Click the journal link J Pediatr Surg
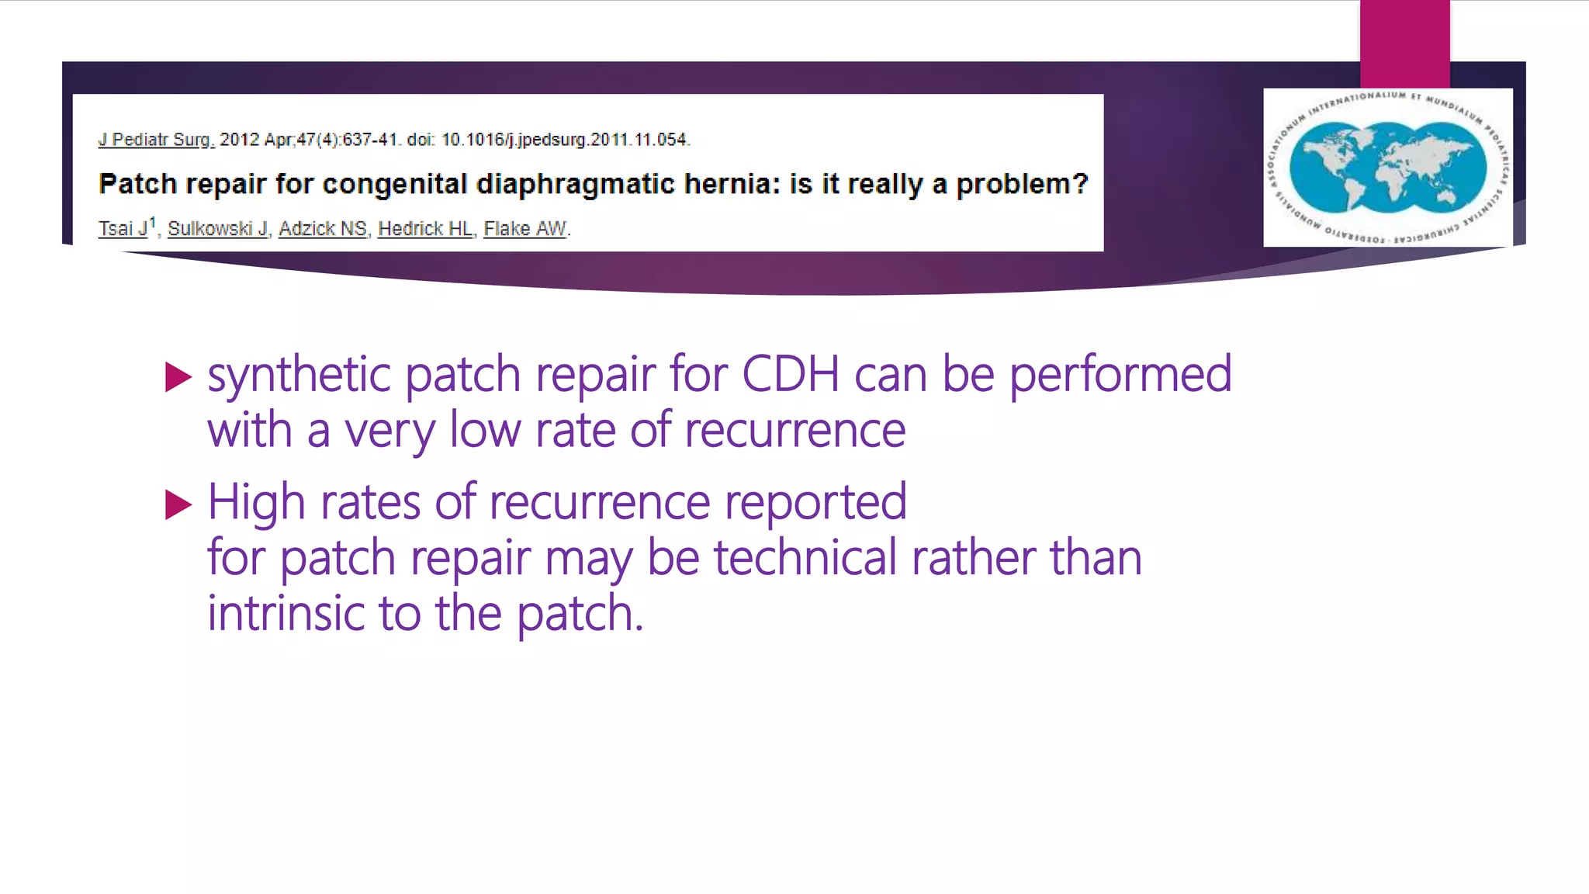tap(156, 140)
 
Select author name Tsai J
tap(123, 229)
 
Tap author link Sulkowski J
tap(218, 229)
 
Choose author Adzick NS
tap(323, 229)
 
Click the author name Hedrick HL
tap(425, 229)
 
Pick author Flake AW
tap(525, 229)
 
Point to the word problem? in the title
tap(1022, 185)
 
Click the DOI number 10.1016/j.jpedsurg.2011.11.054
tap(564, 140)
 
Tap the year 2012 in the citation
tap(239, 140)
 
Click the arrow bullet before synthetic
tap(178, 378)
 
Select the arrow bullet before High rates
tap(178, 505)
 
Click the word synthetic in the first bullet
tap(299, 375)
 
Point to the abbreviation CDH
tap(791, 375)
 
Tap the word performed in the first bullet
tap(1120, 375)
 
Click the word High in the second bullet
tap(256, 502)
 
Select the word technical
tap(805, 558)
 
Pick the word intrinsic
tap(285, 614)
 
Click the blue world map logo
tap(1387, 168)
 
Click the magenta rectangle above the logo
tap(1404, 43)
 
